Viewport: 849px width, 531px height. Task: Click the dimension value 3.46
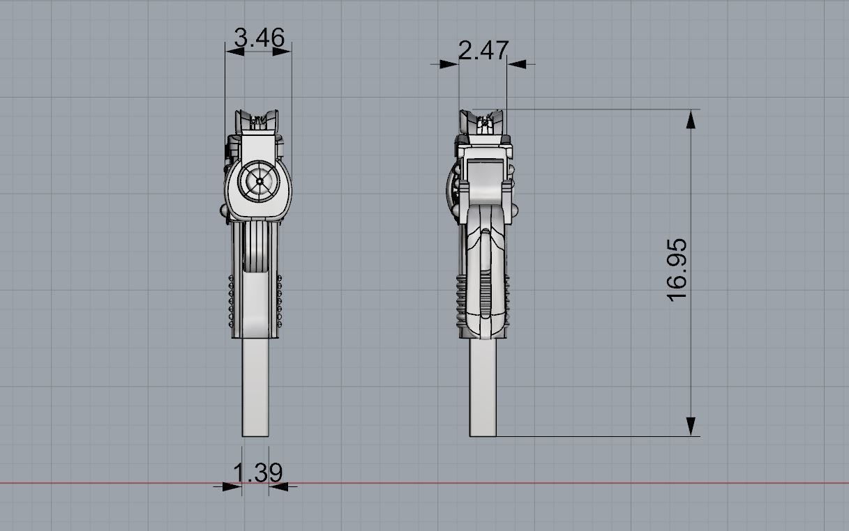259,38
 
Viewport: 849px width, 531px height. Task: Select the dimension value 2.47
483,51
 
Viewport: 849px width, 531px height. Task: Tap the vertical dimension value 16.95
677,270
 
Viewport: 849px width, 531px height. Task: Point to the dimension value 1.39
257,473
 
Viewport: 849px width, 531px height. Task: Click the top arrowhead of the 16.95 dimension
691,120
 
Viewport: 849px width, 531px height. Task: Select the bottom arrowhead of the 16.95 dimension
691,426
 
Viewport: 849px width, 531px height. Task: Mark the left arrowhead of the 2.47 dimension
449,64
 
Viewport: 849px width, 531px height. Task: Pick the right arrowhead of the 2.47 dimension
517,64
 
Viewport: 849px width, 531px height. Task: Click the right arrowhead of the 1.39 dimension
278,486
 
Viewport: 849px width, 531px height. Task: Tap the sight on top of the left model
259,120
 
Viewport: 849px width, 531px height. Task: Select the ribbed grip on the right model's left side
461,300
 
